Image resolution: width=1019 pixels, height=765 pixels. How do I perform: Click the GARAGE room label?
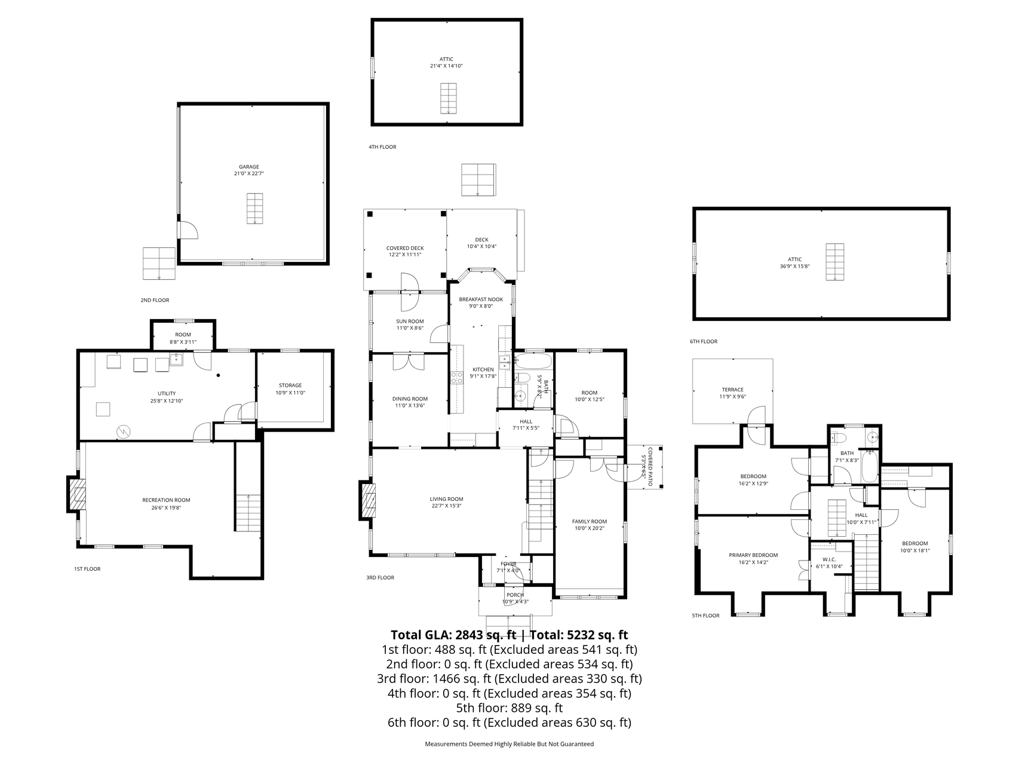pos(249,167)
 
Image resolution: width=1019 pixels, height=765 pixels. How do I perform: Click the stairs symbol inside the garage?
pos(255,209)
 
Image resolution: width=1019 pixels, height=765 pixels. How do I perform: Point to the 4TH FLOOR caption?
pos(382,147)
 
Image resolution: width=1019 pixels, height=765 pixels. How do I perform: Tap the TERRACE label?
pos(732,390)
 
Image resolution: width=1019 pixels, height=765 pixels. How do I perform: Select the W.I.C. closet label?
pos(828,559)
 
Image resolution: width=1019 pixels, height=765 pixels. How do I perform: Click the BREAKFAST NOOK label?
pos(481,299)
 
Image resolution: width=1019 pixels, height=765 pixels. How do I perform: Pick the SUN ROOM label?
pos(410,322)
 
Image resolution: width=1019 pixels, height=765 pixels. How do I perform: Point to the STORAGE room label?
pos(290,385)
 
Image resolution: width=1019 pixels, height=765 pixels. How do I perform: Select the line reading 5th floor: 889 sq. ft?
pos(509,708)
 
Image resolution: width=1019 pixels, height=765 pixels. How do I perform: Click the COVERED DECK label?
pos(405,248)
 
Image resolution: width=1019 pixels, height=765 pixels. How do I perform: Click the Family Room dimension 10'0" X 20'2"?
pos(589,528)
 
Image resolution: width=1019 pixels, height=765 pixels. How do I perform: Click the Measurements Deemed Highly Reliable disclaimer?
pos(509,744)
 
